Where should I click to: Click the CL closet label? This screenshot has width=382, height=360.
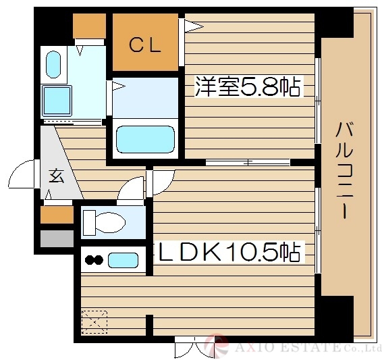click(x=144, y=46)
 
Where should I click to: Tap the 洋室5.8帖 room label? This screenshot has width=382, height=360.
click(x=247, y=86)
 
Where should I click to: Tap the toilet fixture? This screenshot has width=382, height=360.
click(x=108, y=222)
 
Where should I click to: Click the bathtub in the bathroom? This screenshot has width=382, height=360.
click(x=145, y=140)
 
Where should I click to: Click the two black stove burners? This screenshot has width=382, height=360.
click(x=94, y=260)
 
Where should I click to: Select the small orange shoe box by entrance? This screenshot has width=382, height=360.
click(x=57, y=214)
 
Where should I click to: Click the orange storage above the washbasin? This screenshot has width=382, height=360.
click(x=89, y=26)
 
